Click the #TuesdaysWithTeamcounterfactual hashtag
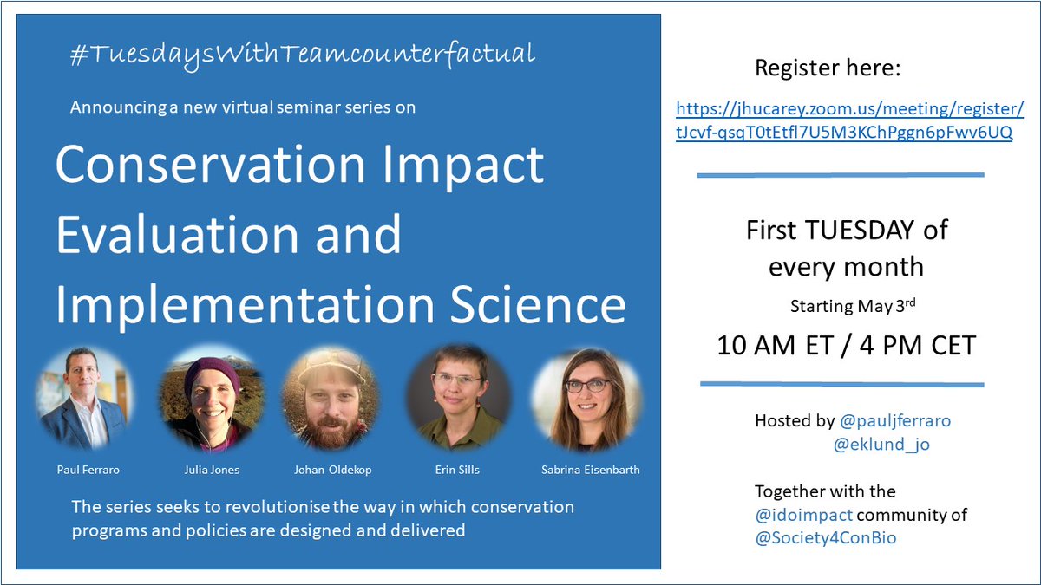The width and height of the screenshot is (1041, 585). (x=302, y=55)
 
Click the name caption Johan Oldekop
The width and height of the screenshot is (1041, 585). (x=331, y=471)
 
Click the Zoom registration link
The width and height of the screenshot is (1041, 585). (x=850, y=122)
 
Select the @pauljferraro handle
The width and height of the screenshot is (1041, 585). (x=895, y=421)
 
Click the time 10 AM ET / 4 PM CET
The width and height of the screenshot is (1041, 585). (x=846, y=345)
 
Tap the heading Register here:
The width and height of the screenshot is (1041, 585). (x=827, y=68)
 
